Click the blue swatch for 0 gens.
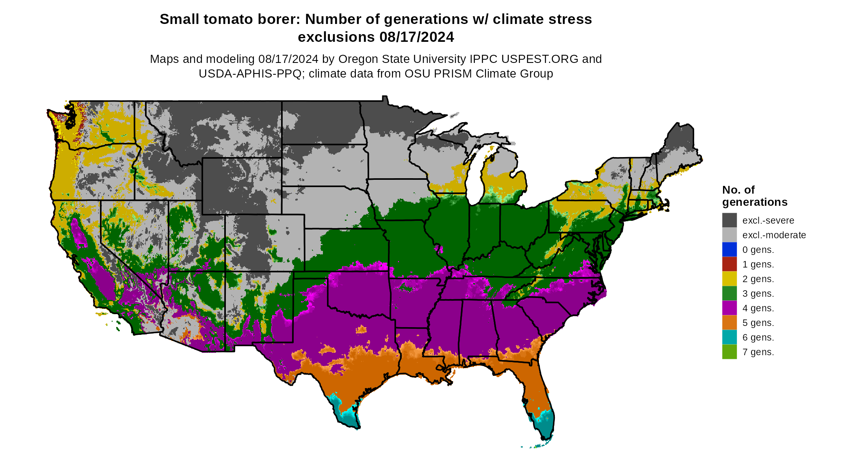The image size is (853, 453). [x=729, y=249]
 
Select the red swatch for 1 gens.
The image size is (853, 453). [x=729, y=264]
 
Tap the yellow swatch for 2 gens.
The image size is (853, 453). [x=729, y=278]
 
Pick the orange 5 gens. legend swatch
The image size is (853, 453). [x=729, y=322]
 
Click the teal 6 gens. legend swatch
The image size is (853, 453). [x=729, y=337]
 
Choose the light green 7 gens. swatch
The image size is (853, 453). [x=729, y=352]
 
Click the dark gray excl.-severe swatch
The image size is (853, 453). [x=729, y=220]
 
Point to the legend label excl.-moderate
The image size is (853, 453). [x=774, y=235]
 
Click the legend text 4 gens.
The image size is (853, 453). [x=758, y=308]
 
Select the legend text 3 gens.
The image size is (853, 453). [x=758, y=293]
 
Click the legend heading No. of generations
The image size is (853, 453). [x=754, y=196]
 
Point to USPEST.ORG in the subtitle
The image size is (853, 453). [x=539, y=59]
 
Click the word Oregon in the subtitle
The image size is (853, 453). [x=358, y=59]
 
